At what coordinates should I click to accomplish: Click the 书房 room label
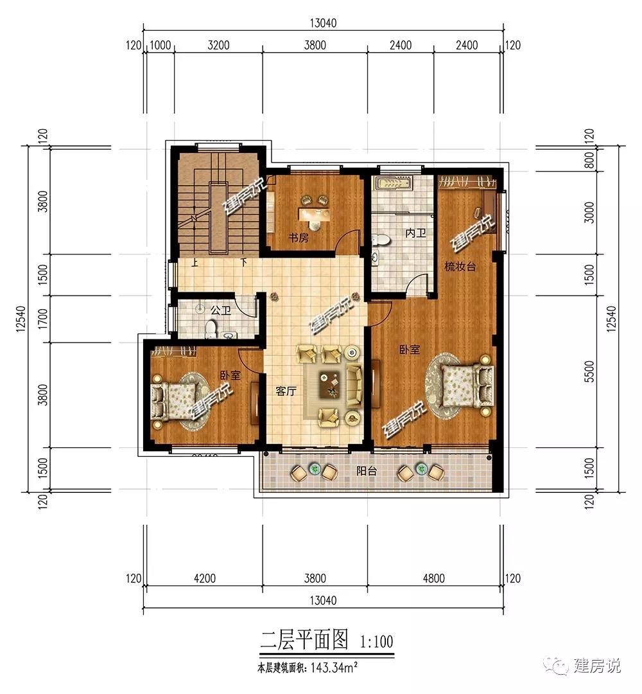pos(298,238)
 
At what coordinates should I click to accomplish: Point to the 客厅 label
pos(286,391)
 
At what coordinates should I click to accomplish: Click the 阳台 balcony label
pos(367,472)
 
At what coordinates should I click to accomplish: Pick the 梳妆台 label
pos(460,267)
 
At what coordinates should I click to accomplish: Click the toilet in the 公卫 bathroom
pos(210,329)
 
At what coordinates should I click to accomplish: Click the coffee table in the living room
pos(330,384)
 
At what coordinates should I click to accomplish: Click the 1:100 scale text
pos(376,641)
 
